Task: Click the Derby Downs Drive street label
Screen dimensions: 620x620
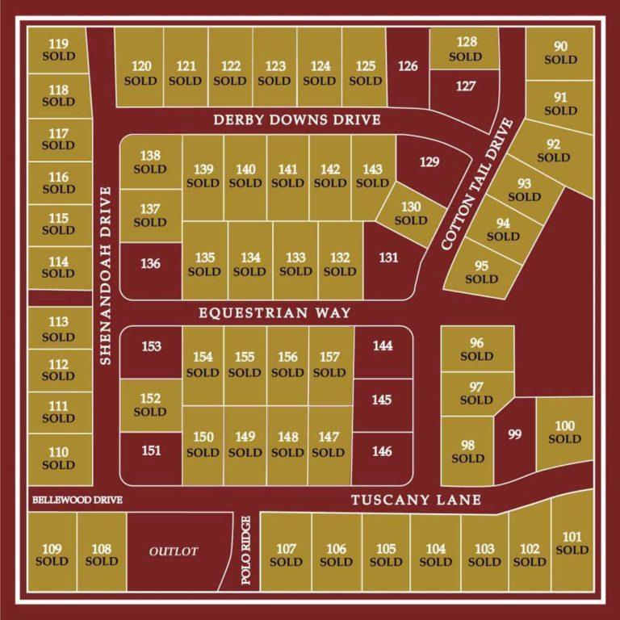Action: pyautogui.click(x=296, y=120)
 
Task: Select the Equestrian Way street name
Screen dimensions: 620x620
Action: pyautogui.click(x=264, y=312)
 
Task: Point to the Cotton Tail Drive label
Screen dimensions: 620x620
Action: pyautogui.click(x=477, y=184)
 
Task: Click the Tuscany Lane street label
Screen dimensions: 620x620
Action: pyautogui.click(x=416, y=501)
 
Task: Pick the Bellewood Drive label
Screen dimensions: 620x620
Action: pyautogui.click(x=77, y=501)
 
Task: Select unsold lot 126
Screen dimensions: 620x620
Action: pyautogui.click(x=408, y=66)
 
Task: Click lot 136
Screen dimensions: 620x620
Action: pyautogui.click(x=150, y=265)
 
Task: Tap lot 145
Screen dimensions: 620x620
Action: pyautogui.click(x=383, y=400)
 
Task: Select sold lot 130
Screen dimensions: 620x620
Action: pyautogui.click(x=410, y=214)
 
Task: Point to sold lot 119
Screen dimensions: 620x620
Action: pyautogui.click(x=58, y=50)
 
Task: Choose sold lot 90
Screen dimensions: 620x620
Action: pyautogui.click(x=560, y=52)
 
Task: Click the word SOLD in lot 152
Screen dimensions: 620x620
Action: pyautogui.click(x=150, y=412)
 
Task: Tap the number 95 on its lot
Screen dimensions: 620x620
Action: pyautogui.click(x=482, y=266)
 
